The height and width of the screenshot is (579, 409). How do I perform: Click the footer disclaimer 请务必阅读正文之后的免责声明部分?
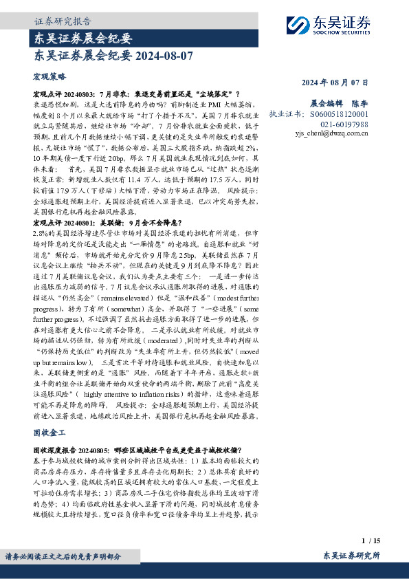tap(63, 557)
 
